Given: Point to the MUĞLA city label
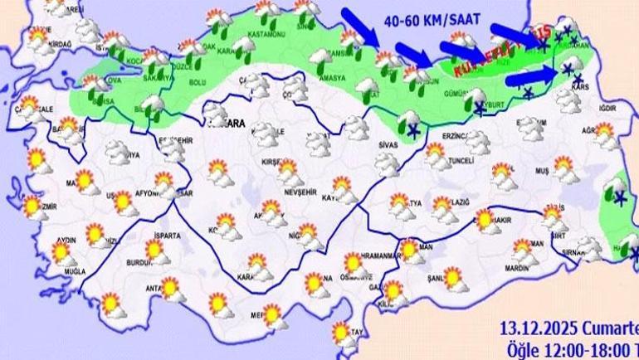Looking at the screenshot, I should coord(65,271).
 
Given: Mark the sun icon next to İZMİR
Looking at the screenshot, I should coord(31,205).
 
